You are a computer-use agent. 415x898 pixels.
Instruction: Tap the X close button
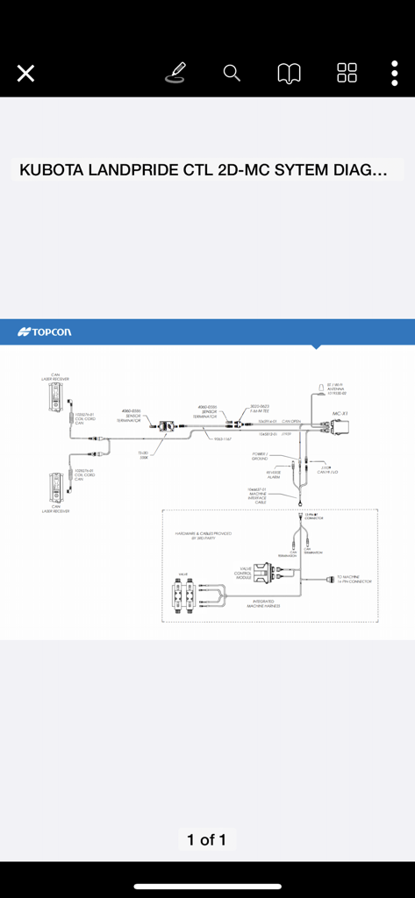point(25,74)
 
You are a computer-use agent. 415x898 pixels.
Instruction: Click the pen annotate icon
point(175,73)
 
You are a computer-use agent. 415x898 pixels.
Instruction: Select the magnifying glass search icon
point(232,73)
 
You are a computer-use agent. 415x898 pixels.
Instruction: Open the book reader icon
point(290,74)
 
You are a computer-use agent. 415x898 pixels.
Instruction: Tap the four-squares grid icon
point(347,73)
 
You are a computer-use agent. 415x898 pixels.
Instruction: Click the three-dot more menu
point(395,73)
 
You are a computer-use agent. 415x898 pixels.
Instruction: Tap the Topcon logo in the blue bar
point(45,331)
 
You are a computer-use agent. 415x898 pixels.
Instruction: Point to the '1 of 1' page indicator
point(207,839)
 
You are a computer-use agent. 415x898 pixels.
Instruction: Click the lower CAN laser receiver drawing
point(55,486)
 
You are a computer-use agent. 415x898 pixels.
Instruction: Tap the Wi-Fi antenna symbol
point(321,388)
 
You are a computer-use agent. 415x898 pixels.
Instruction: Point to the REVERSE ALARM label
point(274,474)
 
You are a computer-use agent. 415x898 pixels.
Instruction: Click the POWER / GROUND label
point(261,456)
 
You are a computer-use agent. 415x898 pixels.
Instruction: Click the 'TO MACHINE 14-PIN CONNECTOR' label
point(354,580)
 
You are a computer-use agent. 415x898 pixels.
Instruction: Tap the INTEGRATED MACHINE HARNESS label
point(263,604)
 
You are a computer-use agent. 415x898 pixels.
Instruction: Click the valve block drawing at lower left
point(185,595)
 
